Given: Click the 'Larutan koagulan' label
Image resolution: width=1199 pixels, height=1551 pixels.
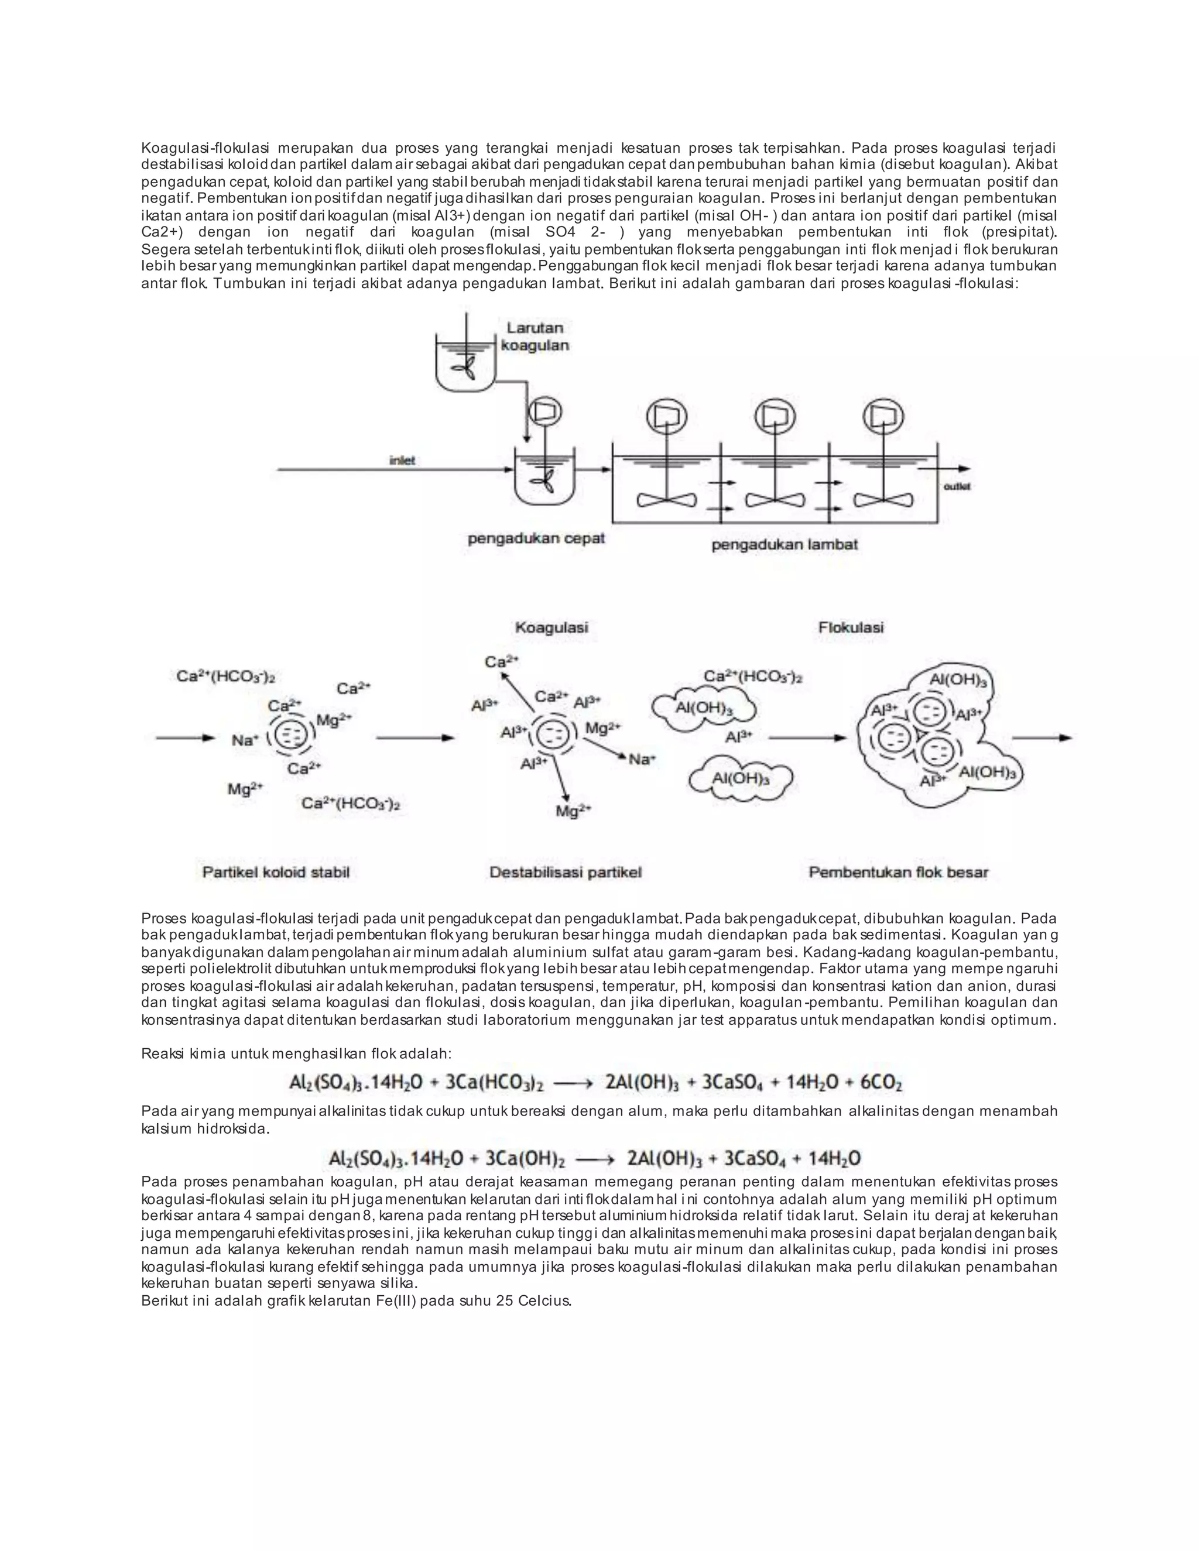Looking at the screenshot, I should (x=535, y=337).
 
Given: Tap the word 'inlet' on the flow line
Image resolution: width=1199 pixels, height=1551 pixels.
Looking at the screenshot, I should (x=402, y=461).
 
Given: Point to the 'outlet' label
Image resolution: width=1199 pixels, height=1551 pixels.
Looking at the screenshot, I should (x=956, y=486).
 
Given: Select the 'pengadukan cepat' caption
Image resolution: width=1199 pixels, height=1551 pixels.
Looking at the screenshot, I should (x=536, y=538).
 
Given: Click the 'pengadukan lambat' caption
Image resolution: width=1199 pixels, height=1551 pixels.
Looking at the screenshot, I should (x=784, y=545).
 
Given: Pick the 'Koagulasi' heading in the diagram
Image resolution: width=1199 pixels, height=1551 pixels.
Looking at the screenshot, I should (x=551, y=628).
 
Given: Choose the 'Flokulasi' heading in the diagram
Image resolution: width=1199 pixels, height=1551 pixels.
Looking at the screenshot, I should (x=850, y=628).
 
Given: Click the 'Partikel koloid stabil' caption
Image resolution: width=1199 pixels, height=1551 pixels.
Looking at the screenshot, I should (x=276, y=872).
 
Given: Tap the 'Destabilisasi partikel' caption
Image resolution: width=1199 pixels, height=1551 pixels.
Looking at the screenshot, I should (x=566, y=872).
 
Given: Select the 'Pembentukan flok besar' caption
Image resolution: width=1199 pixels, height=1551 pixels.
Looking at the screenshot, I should (x=898, y=872).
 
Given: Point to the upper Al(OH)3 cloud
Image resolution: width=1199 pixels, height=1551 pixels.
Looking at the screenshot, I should (x=703, y=708).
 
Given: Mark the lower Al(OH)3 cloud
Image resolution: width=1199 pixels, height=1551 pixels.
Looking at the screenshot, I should (x=740, y=778).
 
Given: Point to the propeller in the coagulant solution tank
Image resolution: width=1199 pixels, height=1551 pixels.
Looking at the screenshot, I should (x=465, y=369).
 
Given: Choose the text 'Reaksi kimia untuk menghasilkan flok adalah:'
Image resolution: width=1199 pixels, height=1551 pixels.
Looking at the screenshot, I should (x=296, y=1053).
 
